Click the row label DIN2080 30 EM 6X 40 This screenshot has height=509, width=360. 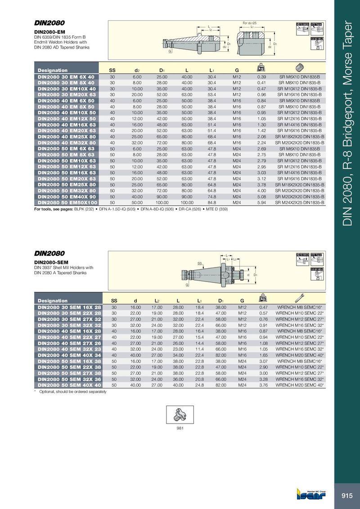coord(66,77)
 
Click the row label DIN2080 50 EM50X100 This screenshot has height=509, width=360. coord(66,203)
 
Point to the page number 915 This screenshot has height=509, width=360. coord(347,496)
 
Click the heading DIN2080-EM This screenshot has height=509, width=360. coord(49,32)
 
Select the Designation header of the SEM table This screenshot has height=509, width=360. coord(53,300)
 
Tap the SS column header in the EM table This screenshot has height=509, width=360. coord(112,70)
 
